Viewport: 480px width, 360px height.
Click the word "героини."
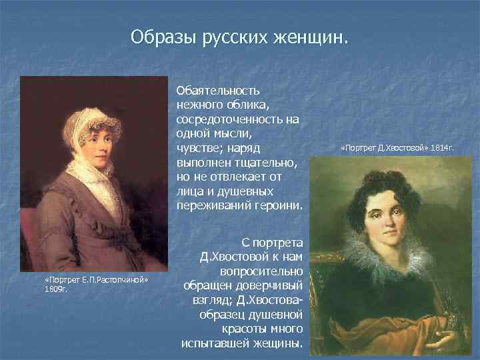click(x=279, y=207)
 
